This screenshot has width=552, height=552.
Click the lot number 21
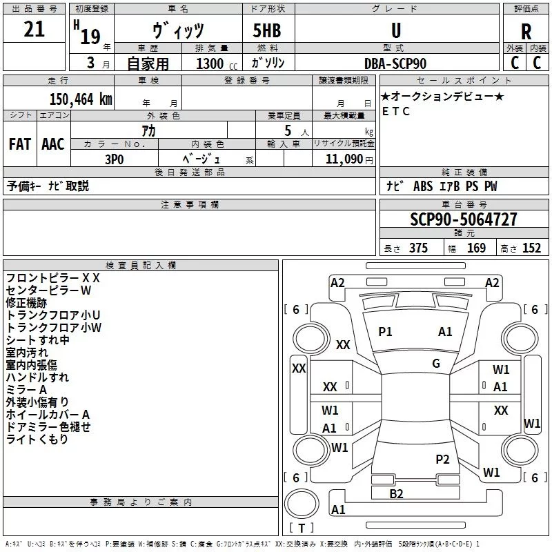click(x=34, y=29)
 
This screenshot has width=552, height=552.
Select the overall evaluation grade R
click(x=526, y=32)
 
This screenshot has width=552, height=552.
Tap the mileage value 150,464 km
click(x=81, y=99)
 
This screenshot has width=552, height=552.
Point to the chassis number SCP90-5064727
click(x=464, y=219)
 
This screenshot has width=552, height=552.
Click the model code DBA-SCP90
click(x=395, y=63)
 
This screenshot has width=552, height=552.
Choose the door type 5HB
click(x=267, y=30)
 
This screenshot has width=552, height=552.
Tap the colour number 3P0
click(x=115, y=159)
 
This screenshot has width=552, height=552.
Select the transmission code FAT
click(x=20, y=144)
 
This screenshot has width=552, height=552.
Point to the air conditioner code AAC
click(x=53, y=144)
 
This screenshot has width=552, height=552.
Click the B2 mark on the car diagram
click(x=396, y=494)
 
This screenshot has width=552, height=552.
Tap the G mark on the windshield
click(x=436, y=364)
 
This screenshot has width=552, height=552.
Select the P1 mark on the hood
click(x=385, y=332)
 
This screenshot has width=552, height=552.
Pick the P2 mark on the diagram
click(x=442, y=460)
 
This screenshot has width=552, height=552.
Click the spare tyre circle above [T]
click(x=302, y=504)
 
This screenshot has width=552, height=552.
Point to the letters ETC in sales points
click(x=395, y=111)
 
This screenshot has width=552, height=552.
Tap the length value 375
click(x=418, y=248)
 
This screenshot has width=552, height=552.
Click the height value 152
click(x=531, y=248)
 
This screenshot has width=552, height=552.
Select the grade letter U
click(x=396, y=30)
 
